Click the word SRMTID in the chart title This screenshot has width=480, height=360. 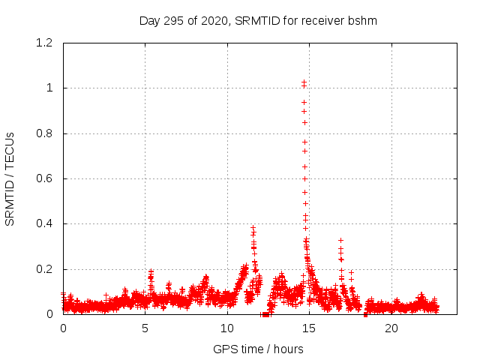click(x=257, y=20)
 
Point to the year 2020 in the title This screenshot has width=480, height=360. click(x=214, y=20)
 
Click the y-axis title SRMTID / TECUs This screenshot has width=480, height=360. click(x=10, y=178)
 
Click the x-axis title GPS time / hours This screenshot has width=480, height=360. click(x=258, y=349)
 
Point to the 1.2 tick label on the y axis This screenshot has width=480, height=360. click(x=44, y=43)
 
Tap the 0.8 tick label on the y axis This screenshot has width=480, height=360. click(x=44, y=133)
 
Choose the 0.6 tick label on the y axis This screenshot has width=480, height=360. click(x=44, y=178)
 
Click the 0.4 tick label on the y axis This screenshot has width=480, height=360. click(x=44, y=223)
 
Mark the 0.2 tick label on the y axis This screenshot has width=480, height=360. click(x=44, y=269)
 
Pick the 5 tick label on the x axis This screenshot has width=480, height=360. click(x=145, y=328)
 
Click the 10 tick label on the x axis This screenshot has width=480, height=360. click(x=226, y=328)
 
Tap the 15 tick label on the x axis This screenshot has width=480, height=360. click(x=308, y=328)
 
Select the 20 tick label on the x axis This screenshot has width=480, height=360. click(x=391, y=328)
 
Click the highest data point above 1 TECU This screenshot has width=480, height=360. click(x=304, y=82)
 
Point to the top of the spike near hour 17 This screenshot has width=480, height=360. click(x=340, y=241)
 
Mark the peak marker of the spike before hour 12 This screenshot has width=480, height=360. click(x=253, y=228)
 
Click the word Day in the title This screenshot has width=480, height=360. click(x=149, y=20)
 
